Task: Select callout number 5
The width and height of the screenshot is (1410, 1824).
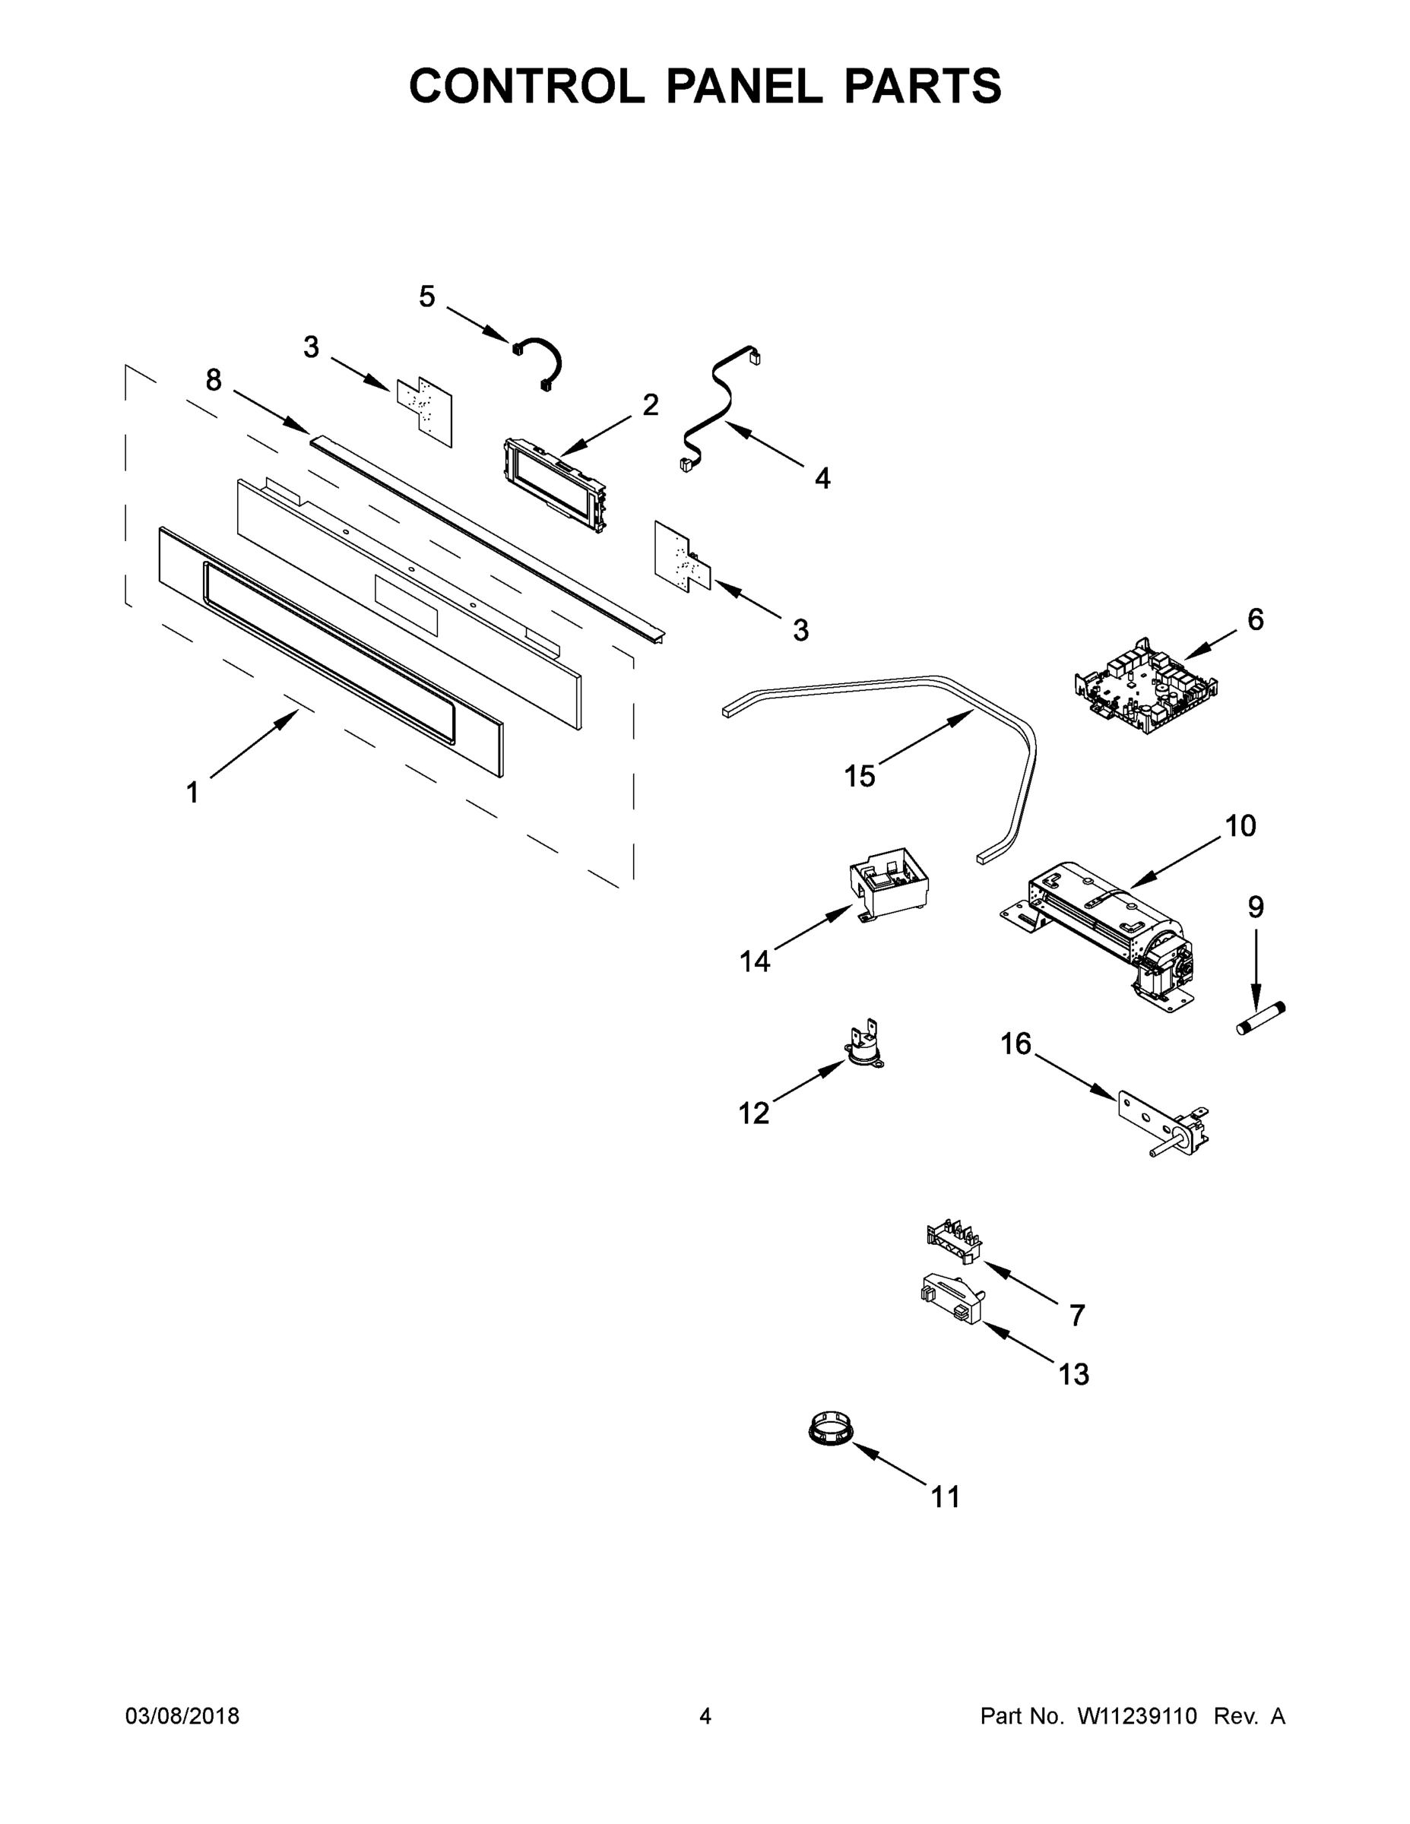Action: (x=427, y=297)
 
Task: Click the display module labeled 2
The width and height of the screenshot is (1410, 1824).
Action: (x=555, y=485)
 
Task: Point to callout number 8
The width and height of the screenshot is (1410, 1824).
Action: (x=214, y=381)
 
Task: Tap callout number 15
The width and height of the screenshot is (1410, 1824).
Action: (x=860, y=777)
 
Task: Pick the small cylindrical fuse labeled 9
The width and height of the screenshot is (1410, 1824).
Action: (x=1260, y=1021)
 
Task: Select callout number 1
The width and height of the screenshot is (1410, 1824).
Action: (x=193, y=792)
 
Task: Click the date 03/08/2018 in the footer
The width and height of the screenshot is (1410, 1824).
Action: (x=182, y=1716)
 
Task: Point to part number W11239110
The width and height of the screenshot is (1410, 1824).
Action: (x=1137, y=1716)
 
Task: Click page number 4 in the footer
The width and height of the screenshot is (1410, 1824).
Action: (x=705, y=1716)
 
